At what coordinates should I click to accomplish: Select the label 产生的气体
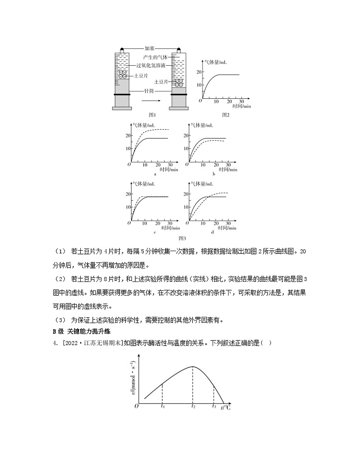(155, 57)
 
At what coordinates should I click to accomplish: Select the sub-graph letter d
(212, 232)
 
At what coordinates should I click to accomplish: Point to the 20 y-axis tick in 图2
(198, 72)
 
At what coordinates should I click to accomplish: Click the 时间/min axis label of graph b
(227, 170)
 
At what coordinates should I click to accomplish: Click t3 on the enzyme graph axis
(214, 406)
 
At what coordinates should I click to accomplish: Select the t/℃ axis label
(225, 407)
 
